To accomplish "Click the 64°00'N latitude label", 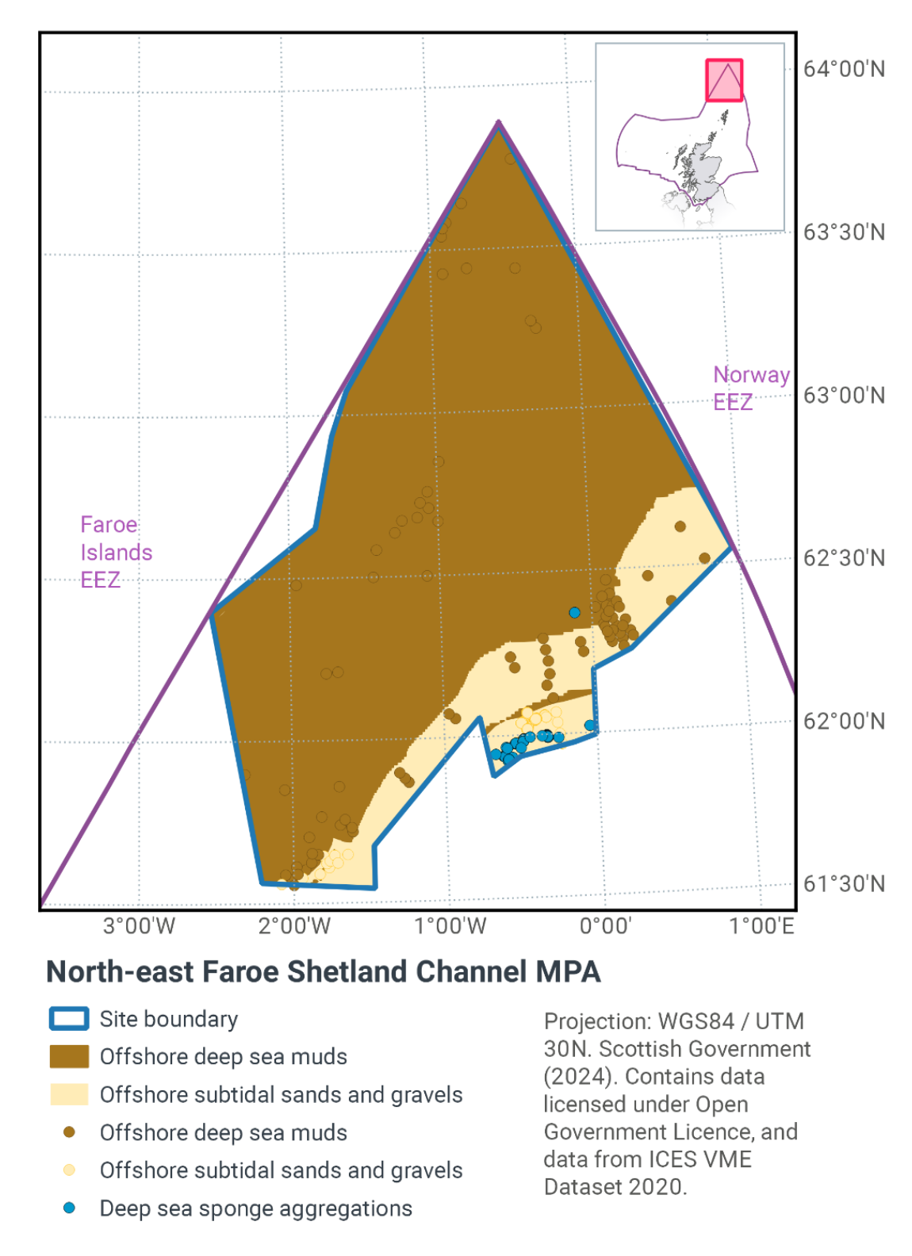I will [844, 69].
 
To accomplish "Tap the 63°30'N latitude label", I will [844, 232].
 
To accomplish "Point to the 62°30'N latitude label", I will [844, 558].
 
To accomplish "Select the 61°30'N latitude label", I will [844, 884].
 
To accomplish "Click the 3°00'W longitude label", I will [139, 926].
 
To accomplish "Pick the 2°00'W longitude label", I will [294, 926].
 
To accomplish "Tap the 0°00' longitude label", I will [605, 926].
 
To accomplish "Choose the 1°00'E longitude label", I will [761, 926].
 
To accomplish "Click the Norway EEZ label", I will [750, 388].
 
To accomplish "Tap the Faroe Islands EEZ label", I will [116, 552].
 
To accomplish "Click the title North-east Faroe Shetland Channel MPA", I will [324, 972].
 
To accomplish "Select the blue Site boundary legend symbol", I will [69, 1019].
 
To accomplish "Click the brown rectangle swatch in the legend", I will [69, 1057].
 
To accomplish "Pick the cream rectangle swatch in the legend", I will [69, 1095].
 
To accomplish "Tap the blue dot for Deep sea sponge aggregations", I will [69, 1208].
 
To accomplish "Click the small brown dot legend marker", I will [69, 1132].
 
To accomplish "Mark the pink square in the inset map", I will [724, 80].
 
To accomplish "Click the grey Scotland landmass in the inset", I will [703, 170].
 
